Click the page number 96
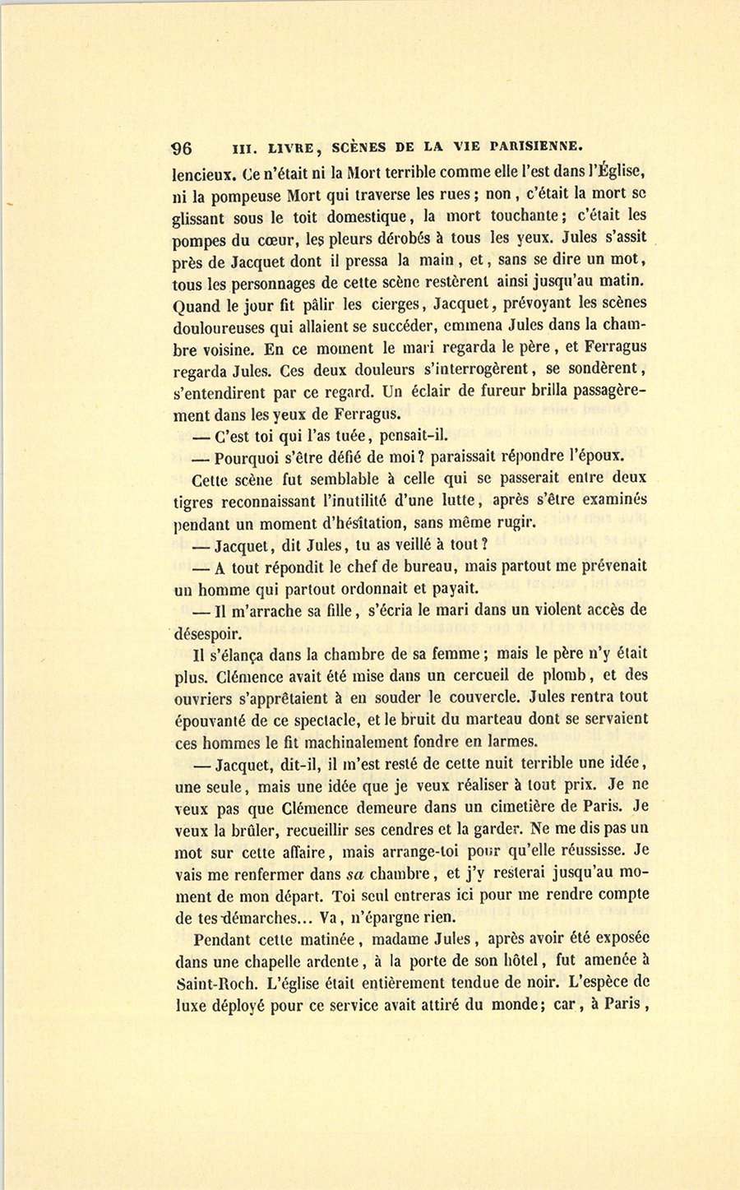(x=182, y=148)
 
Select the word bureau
(x=423, y=567)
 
